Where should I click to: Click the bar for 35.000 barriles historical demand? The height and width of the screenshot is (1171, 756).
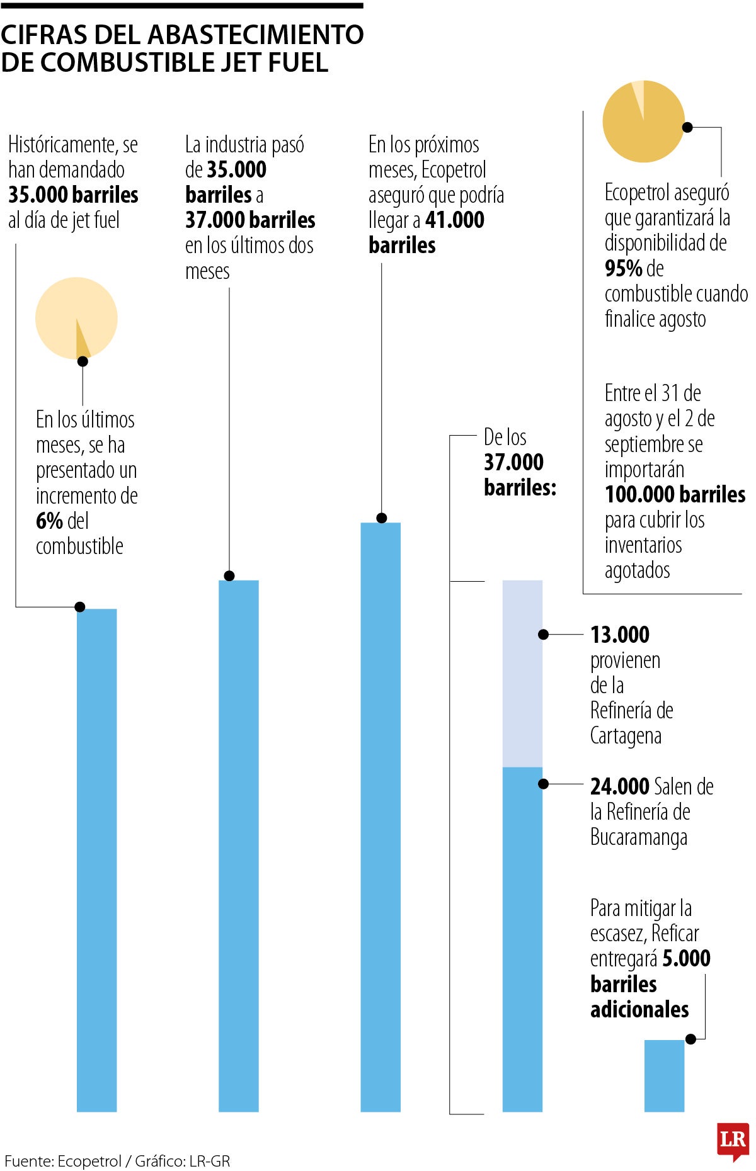96,859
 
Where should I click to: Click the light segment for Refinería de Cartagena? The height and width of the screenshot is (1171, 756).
522,674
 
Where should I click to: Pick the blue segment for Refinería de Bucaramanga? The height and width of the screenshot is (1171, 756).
522,938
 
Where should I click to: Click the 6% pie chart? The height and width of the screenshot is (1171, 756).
76,318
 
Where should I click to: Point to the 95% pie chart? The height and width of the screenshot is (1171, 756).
643,122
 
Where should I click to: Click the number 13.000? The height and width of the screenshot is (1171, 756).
619,635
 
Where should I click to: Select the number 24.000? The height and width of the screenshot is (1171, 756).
619,786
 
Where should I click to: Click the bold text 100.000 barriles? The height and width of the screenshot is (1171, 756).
675,495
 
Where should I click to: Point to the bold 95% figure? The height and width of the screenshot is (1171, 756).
623,269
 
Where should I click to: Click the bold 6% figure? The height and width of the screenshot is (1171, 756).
49,521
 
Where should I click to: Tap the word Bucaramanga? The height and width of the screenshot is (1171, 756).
638,837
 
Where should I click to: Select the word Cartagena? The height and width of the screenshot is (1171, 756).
626,736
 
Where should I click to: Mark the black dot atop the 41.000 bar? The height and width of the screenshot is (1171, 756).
381,518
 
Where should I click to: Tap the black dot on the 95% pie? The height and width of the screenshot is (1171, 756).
687,127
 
